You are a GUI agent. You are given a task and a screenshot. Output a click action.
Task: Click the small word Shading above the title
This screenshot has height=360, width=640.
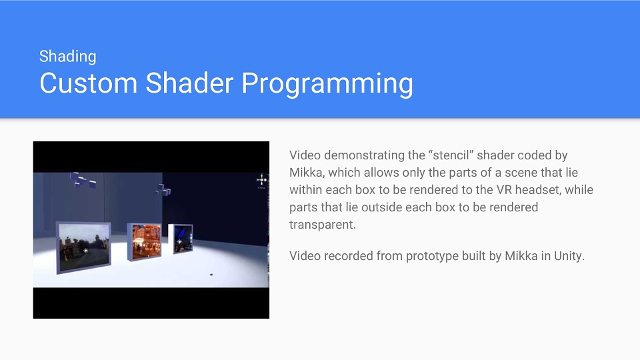[x=68, y=56]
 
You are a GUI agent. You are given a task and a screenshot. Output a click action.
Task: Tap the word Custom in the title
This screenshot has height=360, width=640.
[x=88, y=83]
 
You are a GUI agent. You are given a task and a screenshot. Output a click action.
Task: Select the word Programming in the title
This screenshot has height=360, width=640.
[x=327, y=84]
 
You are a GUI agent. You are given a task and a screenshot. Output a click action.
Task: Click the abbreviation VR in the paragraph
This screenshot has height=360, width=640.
[x=501, y=190]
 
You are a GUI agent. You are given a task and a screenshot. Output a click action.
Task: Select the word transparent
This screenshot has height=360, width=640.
[x=323, y=225]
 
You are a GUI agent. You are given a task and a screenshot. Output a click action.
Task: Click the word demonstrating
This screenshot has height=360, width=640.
[x=366, y=155]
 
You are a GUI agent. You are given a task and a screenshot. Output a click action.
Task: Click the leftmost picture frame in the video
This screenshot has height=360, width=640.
[x=83, y=247]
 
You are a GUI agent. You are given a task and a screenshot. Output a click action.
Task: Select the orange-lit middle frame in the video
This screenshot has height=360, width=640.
[x=144, y=241]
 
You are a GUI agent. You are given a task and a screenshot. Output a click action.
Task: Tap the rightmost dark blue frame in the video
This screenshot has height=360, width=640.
[x=181, y=238]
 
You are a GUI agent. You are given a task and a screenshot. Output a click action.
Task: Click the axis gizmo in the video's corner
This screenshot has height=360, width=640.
[x=261, y=180]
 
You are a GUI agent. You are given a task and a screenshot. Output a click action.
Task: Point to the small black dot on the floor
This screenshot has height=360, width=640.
[x=211, y=275]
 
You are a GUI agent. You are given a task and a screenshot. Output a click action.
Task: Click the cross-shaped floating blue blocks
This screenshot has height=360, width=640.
[x=163, y=190]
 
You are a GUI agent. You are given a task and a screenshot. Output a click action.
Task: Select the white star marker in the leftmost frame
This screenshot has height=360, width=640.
[x=86, y=250]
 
